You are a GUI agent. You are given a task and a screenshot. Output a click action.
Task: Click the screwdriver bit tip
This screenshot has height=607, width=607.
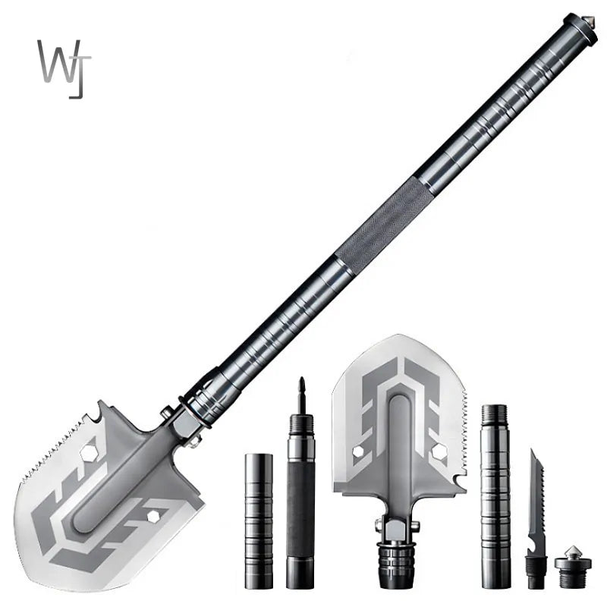pos(301,387)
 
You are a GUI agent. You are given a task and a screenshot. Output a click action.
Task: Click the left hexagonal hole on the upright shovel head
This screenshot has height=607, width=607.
pos(357,451)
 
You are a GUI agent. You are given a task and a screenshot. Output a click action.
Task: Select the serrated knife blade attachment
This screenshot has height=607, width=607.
pos(536,493)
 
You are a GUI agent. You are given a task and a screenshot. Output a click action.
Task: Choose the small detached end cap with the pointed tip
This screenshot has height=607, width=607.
pos(572,565)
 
